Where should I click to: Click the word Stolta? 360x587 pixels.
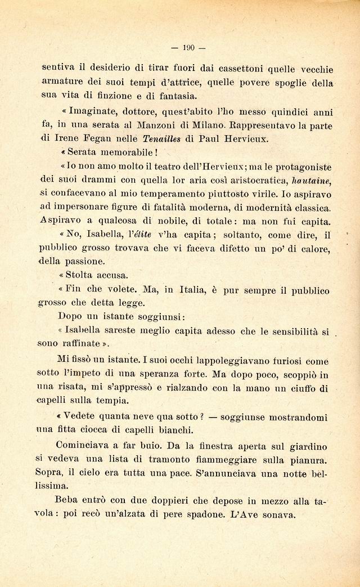point(81,275)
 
